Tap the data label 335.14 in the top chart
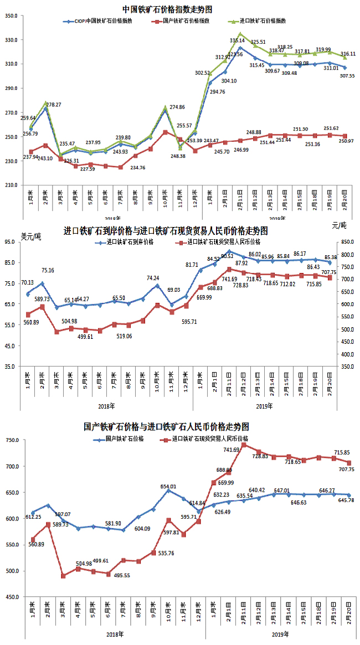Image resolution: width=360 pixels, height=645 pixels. [238, 40]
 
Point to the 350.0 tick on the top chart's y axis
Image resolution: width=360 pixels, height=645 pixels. [12, 16]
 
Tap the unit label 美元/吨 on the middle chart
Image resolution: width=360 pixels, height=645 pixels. [30, 236]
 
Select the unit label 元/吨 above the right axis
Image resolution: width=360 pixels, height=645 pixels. [338, 225]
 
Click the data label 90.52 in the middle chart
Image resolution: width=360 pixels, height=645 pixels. [228, 256]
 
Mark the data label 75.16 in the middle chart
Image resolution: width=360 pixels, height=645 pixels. [48, 271]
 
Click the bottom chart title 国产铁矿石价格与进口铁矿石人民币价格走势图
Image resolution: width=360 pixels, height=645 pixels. [166, 427]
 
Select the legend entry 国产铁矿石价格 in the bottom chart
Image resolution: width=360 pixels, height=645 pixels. [125, 438]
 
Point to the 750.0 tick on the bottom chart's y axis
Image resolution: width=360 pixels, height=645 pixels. [12, 440]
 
